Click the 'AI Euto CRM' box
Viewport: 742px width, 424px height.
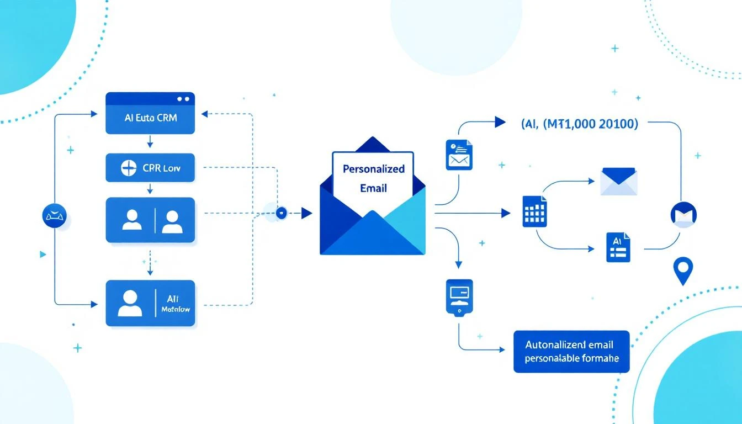point(150,118)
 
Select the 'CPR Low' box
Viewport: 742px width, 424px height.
point(150,168)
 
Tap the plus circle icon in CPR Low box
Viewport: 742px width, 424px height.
point(128,168)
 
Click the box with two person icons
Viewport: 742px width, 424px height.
point(150,220)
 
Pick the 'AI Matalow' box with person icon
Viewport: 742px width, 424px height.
point(150,303)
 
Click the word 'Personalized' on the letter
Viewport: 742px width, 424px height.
point(373,169)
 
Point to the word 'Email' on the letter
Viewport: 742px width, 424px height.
point(373,188)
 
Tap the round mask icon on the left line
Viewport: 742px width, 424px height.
point(54,215)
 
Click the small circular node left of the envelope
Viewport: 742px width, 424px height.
point(282,213)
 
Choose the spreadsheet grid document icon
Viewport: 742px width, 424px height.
point(534,211)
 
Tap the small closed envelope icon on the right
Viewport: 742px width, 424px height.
point(618,182)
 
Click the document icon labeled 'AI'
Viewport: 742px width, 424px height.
point(618,247)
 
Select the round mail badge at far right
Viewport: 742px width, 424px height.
point(683,215)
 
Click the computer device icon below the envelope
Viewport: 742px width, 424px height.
point(459,297)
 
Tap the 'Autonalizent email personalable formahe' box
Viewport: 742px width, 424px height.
point(571,352)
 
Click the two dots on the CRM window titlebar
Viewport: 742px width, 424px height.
point(183,99)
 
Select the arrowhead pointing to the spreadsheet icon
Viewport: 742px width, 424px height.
point(505,213)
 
